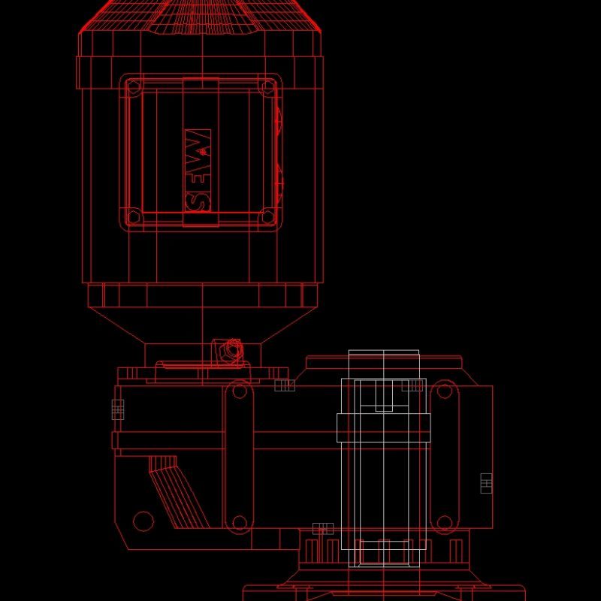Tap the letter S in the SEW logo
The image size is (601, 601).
click(x=198, y=200)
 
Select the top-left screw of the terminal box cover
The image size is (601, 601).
click(x=134, y=88)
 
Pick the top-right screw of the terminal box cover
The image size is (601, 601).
click(x=267, y=88)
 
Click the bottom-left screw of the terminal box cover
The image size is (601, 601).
click(x=134, y=218)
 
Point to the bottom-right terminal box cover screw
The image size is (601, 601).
click(x=267, y=218)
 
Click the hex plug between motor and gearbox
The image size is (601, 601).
click(x=231, y=349)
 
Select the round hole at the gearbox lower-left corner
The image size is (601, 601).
click(x=143, y=520)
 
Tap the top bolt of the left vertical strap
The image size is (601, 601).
click(x=239, y=391)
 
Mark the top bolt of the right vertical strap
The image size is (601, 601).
click(x=444, y=391)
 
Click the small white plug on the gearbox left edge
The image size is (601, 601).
click(x=117, y=409)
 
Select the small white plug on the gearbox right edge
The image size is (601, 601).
click(x=486, y=483)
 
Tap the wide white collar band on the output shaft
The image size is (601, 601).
click(x=383, y=427)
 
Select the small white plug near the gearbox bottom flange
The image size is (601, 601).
click(x=323, y=528)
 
